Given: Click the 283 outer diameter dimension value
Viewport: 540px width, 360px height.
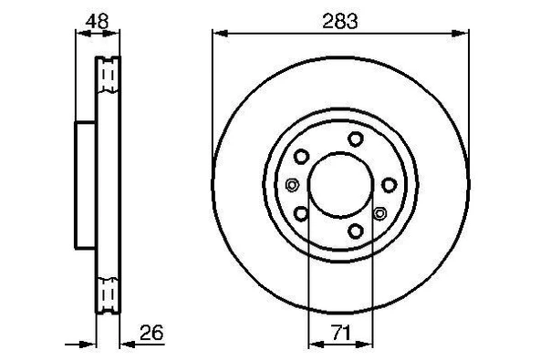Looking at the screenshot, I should (x=343, y=18).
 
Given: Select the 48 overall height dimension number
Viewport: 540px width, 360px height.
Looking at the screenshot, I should (x=96, y=18).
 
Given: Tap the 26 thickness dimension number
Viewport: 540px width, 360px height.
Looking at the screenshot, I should (x=151, y=334).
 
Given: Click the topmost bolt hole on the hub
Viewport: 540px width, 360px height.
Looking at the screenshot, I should (x=354, y=139).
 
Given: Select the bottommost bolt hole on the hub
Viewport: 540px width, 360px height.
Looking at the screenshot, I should (x=354, y=231).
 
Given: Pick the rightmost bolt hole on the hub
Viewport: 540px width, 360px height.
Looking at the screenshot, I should (x=390, y=184).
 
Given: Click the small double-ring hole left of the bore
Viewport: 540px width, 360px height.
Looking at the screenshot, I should (x=292, y=186).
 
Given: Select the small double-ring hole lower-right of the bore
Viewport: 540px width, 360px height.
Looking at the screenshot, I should (x=380, y=213).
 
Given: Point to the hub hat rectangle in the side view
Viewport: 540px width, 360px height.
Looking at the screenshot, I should (x=85, y=184).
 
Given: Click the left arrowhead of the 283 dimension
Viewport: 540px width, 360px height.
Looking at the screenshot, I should (x=218, y=32).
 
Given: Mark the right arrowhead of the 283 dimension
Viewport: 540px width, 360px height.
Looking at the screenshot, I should (x=467, y=32).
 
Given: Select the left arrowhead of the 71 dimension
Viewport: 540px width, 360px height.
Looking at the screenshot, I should (x=315, y=345).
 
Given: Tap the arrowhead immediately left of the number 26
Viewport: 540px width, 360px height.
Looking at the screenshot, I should (x=124, y=345).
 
